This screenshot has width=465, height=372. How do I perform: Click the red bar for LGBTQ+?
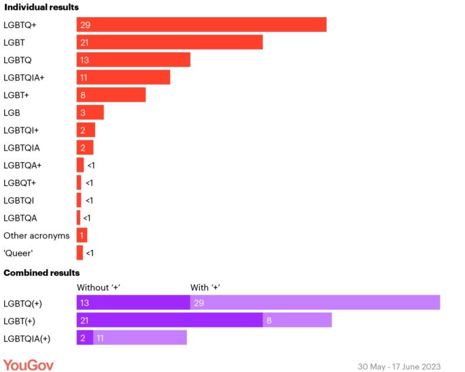(x=201, y=25)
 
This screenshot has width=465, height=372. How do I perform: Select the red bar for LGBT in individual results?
(x=169, y=42)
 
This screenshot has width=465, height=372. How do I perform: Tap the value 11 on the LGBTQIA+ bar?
(x=84, y=78)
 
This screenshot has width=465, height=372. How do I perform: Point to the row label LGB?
(x=12, y=112)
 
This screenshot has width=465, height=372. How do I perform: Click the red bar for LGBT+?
(x=111, y=95)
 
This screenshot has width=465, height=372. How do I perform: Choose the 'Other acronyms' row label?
(x=37, y=236)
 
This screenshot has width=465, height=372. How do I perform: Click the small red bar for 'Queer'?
(x=80, y=253)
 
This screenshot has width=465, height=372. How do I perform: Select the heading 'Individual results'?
(x=41, y=7)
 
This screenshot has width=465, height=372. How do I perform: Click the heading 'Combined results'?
(x=41, y=273)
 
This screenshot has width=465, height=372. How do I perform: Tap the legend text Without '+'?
(x=99, y=287)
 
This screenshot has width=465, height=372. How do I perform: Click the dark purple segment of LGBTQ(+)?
(x=133, y=303)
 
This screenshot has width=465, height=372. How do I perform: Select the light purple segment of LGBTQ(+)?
(x=315, y=303)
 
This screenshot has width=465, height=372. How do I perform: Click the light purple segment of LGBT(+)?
(x=297, y=320)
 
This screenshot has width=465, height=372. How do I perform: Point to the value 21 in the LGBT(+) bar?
(x=84, y=320)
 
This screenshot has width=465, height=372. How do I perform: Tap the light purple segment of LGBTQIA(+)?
(x=139, y=338)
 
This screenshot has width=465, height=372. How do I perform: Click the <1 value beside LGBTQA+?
(x=91, y=166)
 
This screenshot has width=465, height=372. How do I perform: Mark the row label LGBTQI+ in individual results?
(x=21, y=130)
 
